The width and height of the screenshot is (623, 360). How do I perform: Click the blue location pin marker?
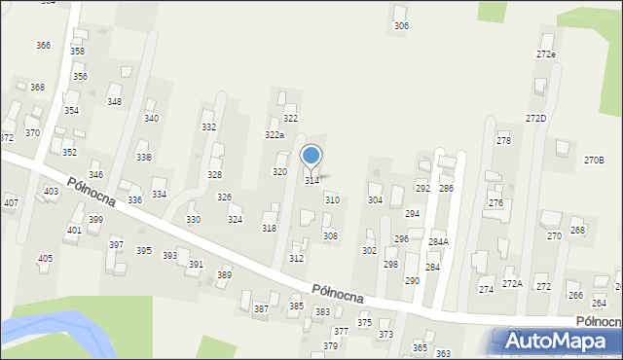pyautogui.click(x=311, y=157)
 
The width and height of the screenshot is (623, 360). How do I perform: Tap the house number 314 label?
pyautogui.click(x=312, y=180)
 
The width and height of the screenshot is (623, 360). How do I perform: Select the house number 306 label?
pyautogui.click(x=401, y=26)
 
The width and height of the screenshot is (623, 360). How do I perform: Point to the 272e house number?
pyautogui.click(x=546, y=54)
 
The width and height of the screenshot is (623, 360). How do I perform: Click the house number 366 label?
pyautogui.click(x=43, y=46)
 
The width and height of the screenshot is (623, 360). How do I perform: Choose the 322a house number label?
pyautogui.click(x=275, y=135)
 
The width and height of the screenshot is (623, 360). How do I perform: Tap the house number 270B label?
pyautogui.click(x=594, y=160)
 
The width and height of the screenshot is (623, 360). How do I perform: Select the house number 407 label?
pyautogui.click(x=11, y=203)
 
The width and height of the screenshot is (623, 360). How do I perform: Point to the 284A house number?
pyautogui.click(x=438, y=241)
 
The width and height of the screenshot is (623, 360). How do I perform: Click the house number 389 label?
pyautogui.click(x=224, y=275)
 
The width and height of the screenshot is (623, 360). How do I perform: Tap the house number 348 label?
pyautogui.click(x=114, y=102)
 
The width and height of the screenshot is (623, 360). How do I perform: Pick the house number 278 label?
pyautogui.click(x=503, y=142)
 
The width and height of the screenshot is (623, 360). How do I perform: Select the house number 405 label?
pyautogui.click(x=45, y=258)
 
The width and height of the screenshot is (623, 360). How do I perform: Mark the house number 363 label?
pyautogui.click(x=443, y=353)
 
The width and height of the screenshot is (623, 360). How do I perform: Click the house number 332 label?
pyautogui.click(x=208, y=127)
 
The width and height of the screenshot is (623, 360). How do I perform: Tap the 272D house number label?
pyautogui.click(x=536, y=119)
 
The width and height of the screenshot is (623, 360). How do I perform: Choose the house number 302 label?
pyautogui.click(x=369, y=251)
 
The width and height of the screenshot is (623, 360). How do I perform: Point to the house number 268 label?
pyautogui.click(x=577, y=231)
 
